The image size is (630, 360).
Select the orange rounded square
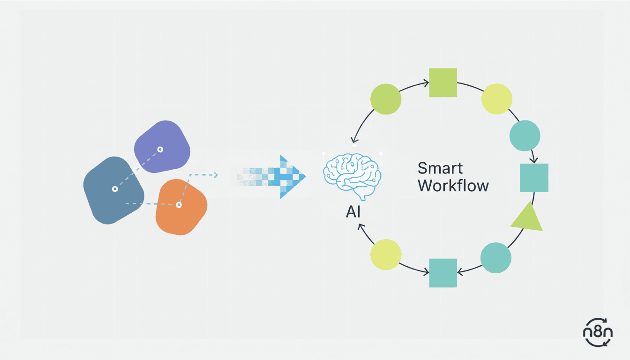point(181,206)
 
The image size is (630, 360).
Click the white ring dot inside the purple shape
point(160,150)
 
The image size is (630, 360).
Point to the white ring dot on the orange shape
point(179,205)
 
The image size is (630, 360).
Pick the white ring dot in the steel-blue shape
point(115,189)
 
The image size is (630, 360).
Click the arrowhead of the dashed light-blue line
point(215,175)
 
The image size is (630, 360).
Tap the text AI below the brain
point(353,212)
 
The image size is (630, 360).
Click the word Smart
point(440,168)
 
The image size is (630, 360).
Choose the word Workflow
point(453,186)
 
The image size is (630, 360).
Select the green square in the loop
point(443,82)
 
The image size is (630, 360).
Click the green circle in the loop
point(386,99)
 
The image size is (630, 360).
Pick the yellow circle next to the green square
point(497,99)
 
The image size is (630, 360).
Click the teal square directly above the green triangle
point(534,178)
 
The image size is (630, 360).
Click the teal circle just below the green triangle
point(496,257)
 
